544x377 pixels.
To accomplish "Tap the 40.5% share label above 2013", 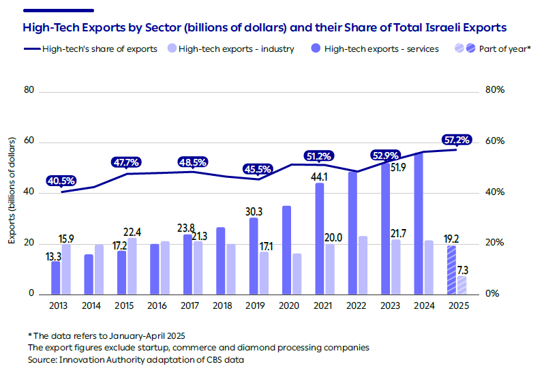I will pos(61,181).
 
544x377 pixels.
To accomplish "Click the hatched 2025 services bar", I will pos(451,270).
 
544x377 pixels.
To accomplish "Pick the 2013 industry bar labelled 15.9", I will pos(65,269).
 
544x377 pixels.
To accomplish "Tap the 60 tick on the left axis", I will pos(29,142).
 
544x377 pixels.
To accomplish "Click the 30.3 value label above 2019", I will pos(253,211).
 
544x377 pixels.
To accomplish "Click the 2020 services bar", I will pos(287,250).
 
